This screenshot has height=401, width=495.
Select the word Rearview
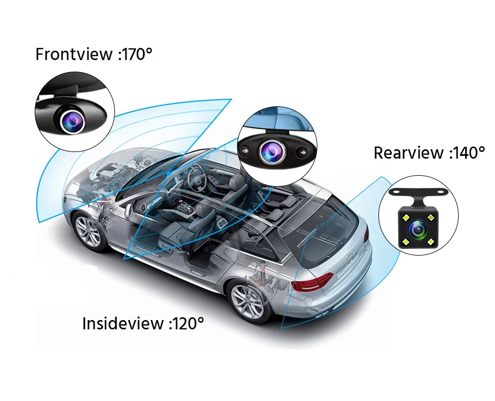(408, 153)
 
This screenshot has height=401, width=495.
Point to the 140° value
(467, 153)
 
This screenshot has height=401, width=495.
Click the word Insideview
(123, 323)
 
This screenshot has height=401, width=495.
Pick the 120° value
(186, 323)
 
